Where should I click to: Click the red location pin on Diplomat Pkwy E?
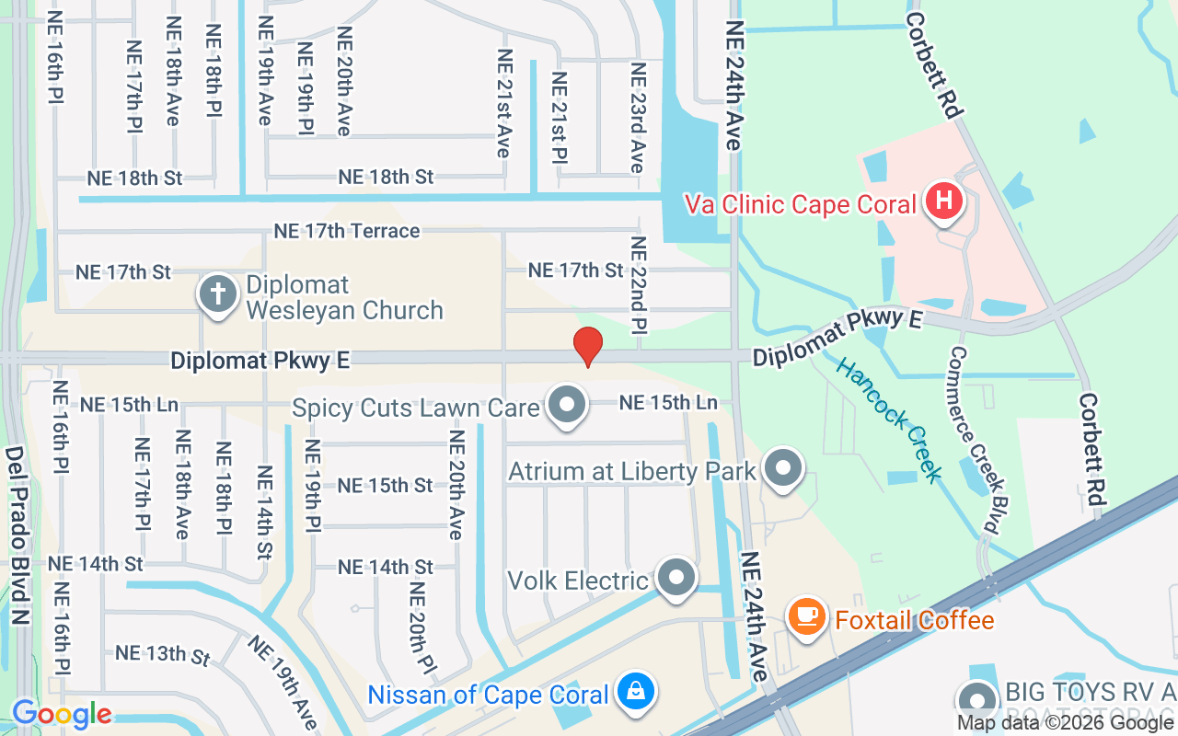(587, 346)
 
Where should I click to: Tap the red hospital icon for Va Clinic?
(943, 201)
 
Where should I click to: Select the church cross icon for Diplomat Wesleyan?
(218, 294)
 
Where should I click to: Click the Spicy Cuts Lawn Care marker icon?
(567, 405)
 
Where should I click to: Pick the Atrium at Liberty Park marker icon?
(784, 468)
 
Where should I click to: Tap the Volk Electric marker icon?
(678, 577)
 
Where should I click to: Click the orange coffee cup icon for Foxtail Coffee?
(807, 614)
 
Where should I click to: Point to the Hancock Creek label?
(889, 420)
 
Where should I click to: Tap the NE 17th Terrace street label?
(347, 231)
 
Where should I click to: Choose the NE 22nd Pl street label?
(638, 284)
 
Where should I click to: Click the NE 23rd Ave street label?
(637, 118)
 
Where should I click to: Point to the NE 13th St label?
(162, 654)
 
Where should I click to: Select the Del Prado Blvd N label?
(17, 535)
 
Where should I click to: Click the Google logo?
(62, 714)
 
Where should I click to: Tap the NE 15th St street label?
(385, 485)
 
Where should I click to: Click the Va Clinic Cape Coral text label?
(801, 203)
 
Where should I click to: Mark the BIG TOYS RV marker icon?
(976, 698)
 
